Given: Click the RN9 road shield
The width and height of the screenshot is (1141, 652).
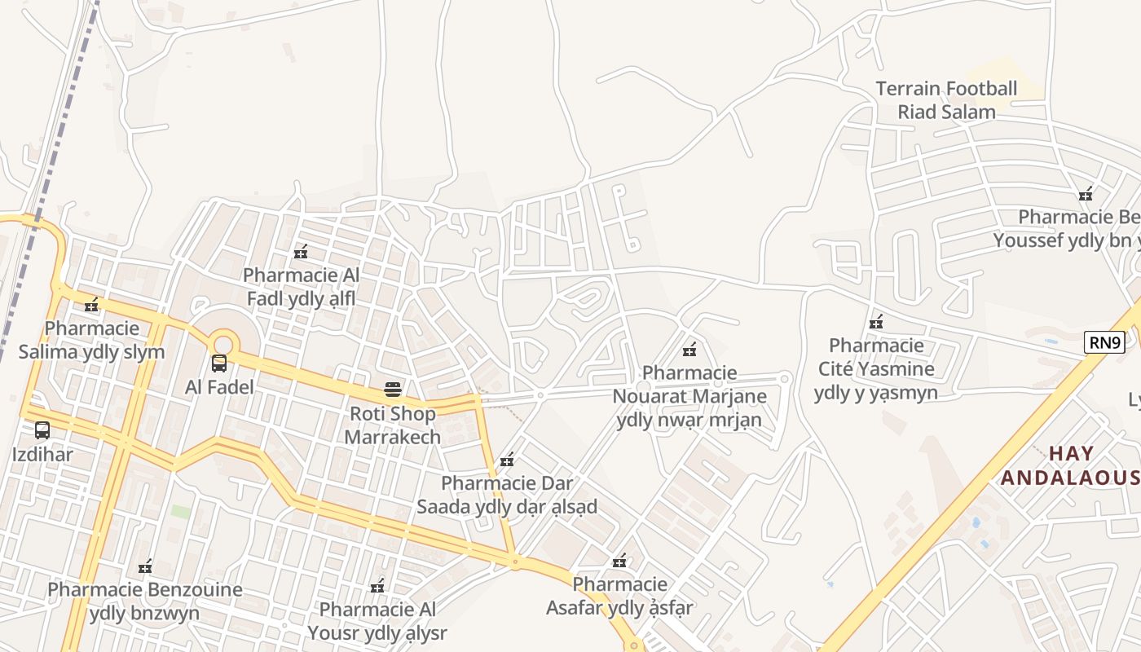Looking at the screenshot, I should pyautogui.click(x=1104, y=342).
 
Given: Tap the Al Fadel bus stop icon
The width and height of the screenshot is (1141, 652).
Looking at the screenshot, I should pyautogui.click(x=219, y=363).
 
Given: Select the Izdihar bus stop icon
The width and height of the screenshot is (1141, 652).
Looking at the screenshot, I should pyautogui.click(x=42, y=430).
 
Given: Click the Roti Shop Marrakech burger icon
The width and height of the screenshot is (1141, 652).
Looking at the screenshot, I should pyautogui.click(x=393, y=390).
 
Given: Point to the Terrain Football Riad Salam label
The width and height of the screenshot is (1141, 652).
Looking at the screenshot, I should pyautogui.click(x=946, y=99).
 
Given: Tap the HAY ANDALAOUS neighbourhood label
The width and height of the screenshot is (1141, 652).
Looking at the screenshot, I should pyautogui.click(x=1069, y=465).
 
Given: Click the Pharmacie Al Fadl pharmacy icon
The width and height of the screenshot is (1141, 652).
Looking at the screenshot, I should pyautogui.click(x=301, y=252).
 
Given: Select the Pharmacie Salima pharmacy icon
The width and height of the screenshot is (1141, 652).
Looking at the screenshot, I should pyautogui.click(x=91, y=306).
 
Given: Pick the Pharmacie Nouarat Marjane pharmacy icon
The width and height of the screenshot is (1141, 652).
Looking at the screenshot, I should pyautogui.click(x=689, y=350).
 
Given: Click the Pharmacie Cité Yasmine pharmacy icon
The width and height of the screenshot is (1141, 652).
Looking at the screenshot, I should pyautogui.click(x=876, y=322).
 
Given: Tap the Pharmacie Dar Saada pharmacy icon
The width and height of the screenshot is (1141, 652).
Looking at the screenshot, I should pyautogui.click(x=507, y=460).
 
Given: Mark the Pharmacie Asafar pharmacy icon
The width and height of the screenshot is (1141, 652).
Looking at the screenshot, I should pyautogui.click(x=619, y=561).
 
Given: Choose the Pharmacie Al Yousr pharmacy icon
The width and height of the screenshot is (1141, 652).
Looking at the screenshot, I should pyautogui.click(x=377, y=586).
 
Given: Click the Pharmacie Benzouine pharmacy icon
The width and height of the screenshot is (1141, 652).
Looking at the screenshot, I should pyautogui.click(x=145, y=566).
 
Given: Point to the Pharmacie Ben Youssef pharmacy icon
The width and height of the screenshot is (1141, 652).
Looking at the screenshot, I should pyautogui.click(x=1086, y=194).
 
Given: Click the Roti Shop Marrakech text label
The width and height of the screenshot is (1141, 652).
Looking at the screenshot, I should pyautogui.click(x=393, y=425).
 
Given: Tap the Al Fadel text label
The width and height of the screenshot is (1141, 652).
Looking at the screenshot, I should pyautogui.click(x=219, y=387).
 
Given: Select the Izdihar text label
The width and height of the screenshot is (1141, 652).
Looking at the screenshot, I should pyautogui.click(x=42, y=454).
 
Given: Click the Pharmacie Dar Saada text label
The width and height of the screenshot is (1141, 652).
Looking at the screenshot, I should pyautogui.click(x=507, y=495).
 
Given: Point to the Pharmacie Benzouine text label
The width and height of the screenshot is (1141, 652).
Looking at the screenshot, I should pyautogui.click(x=145, y=601).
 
